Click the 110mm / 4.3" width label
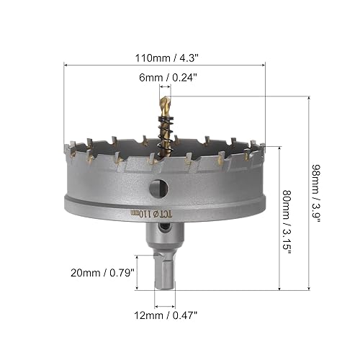click(166, 53)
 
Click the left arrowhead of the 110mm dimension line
click(67, 63)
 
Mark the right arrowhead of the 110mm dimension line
click(264, 63)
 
